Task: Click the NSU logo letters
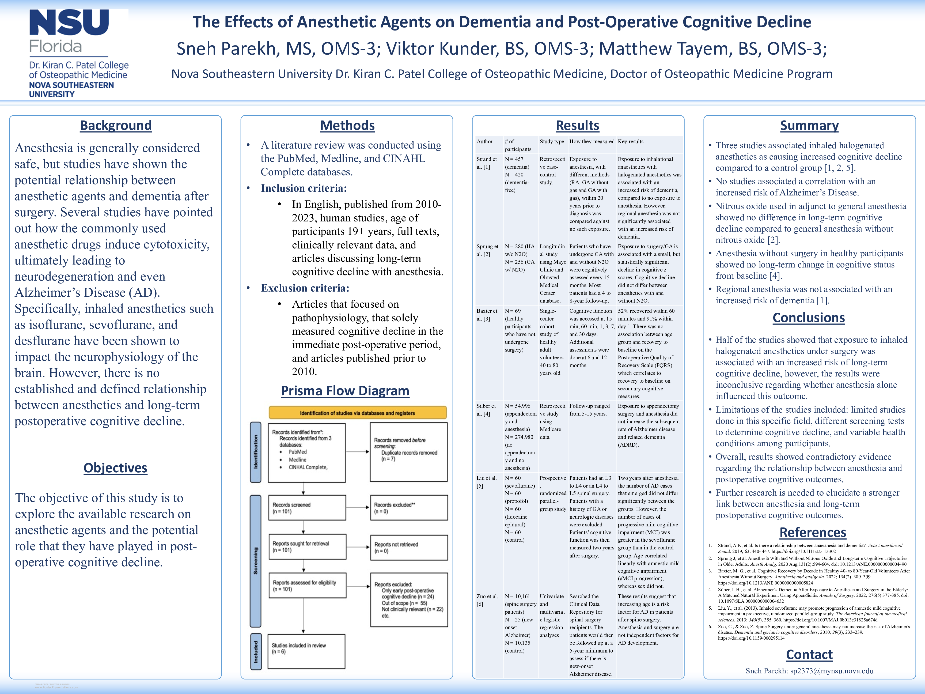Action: [69, 23]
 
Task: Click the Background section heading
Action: [116, 126]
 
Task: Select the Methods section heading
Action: [347, 126]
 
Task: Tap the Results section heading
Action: [578, 126]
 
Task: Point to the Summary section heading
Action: [809, 126]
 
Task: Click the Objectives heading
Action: [115, 468]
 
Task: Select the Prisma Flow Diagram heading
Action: [345, 391]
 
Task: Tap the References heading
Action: [813, 533]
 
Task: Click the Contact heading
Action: [809, 655]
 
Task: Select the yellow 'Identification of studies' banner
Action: [358, 413]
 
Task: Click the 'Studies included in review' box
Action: [306, 651]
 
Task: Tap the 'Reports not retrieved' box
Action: [408, 548]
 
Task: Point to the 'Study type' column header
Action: [552, 141]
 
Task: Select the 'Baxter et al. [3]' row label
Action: [487, 315]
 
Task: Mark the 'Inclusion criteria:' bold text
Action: [304, 188]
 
